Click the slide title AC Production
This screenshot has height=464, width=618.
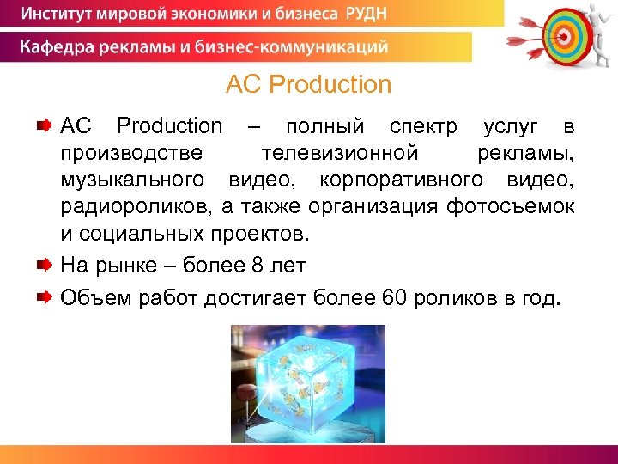click(x=308, y=84)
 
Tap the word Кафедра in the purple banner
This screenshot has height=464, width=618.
click(x=57, y=46)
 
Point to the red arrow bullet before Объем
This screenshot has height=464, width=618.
click(x=45, y=297)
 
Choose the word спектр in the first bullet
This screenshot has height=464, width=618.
click(x=423, y=126)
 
